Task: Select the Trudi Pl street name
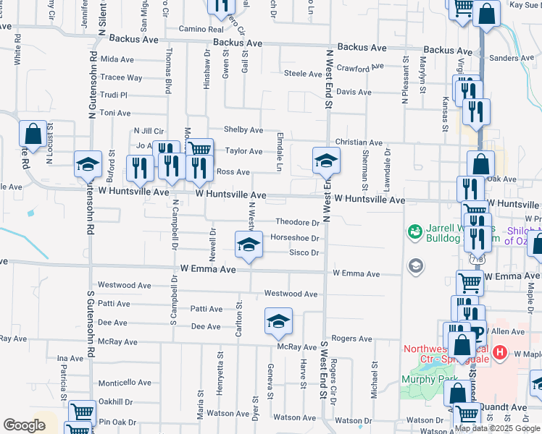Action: click(114, 95)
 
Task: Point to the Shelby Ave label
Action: click(243, 129)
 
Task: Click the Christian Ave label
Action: click(358, 143)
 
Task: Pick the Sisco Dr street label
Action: click(304, 252)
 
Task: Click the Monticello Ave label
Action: click(125, 383)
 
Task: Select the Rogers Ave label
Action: click(352, 338)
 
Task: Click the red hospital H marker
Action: click(499, 353)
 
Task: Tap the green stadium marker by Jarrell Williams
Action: click(414, 231)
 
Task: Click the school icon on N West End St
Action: click(326, 160)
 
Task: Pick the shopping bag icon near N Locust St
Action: click(33, 133)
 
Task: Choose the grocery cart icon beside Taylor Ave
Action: click(199, 150)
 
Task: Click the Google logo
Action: click(25, 425)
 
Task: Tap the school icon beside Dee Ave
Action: click(278, 320)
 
